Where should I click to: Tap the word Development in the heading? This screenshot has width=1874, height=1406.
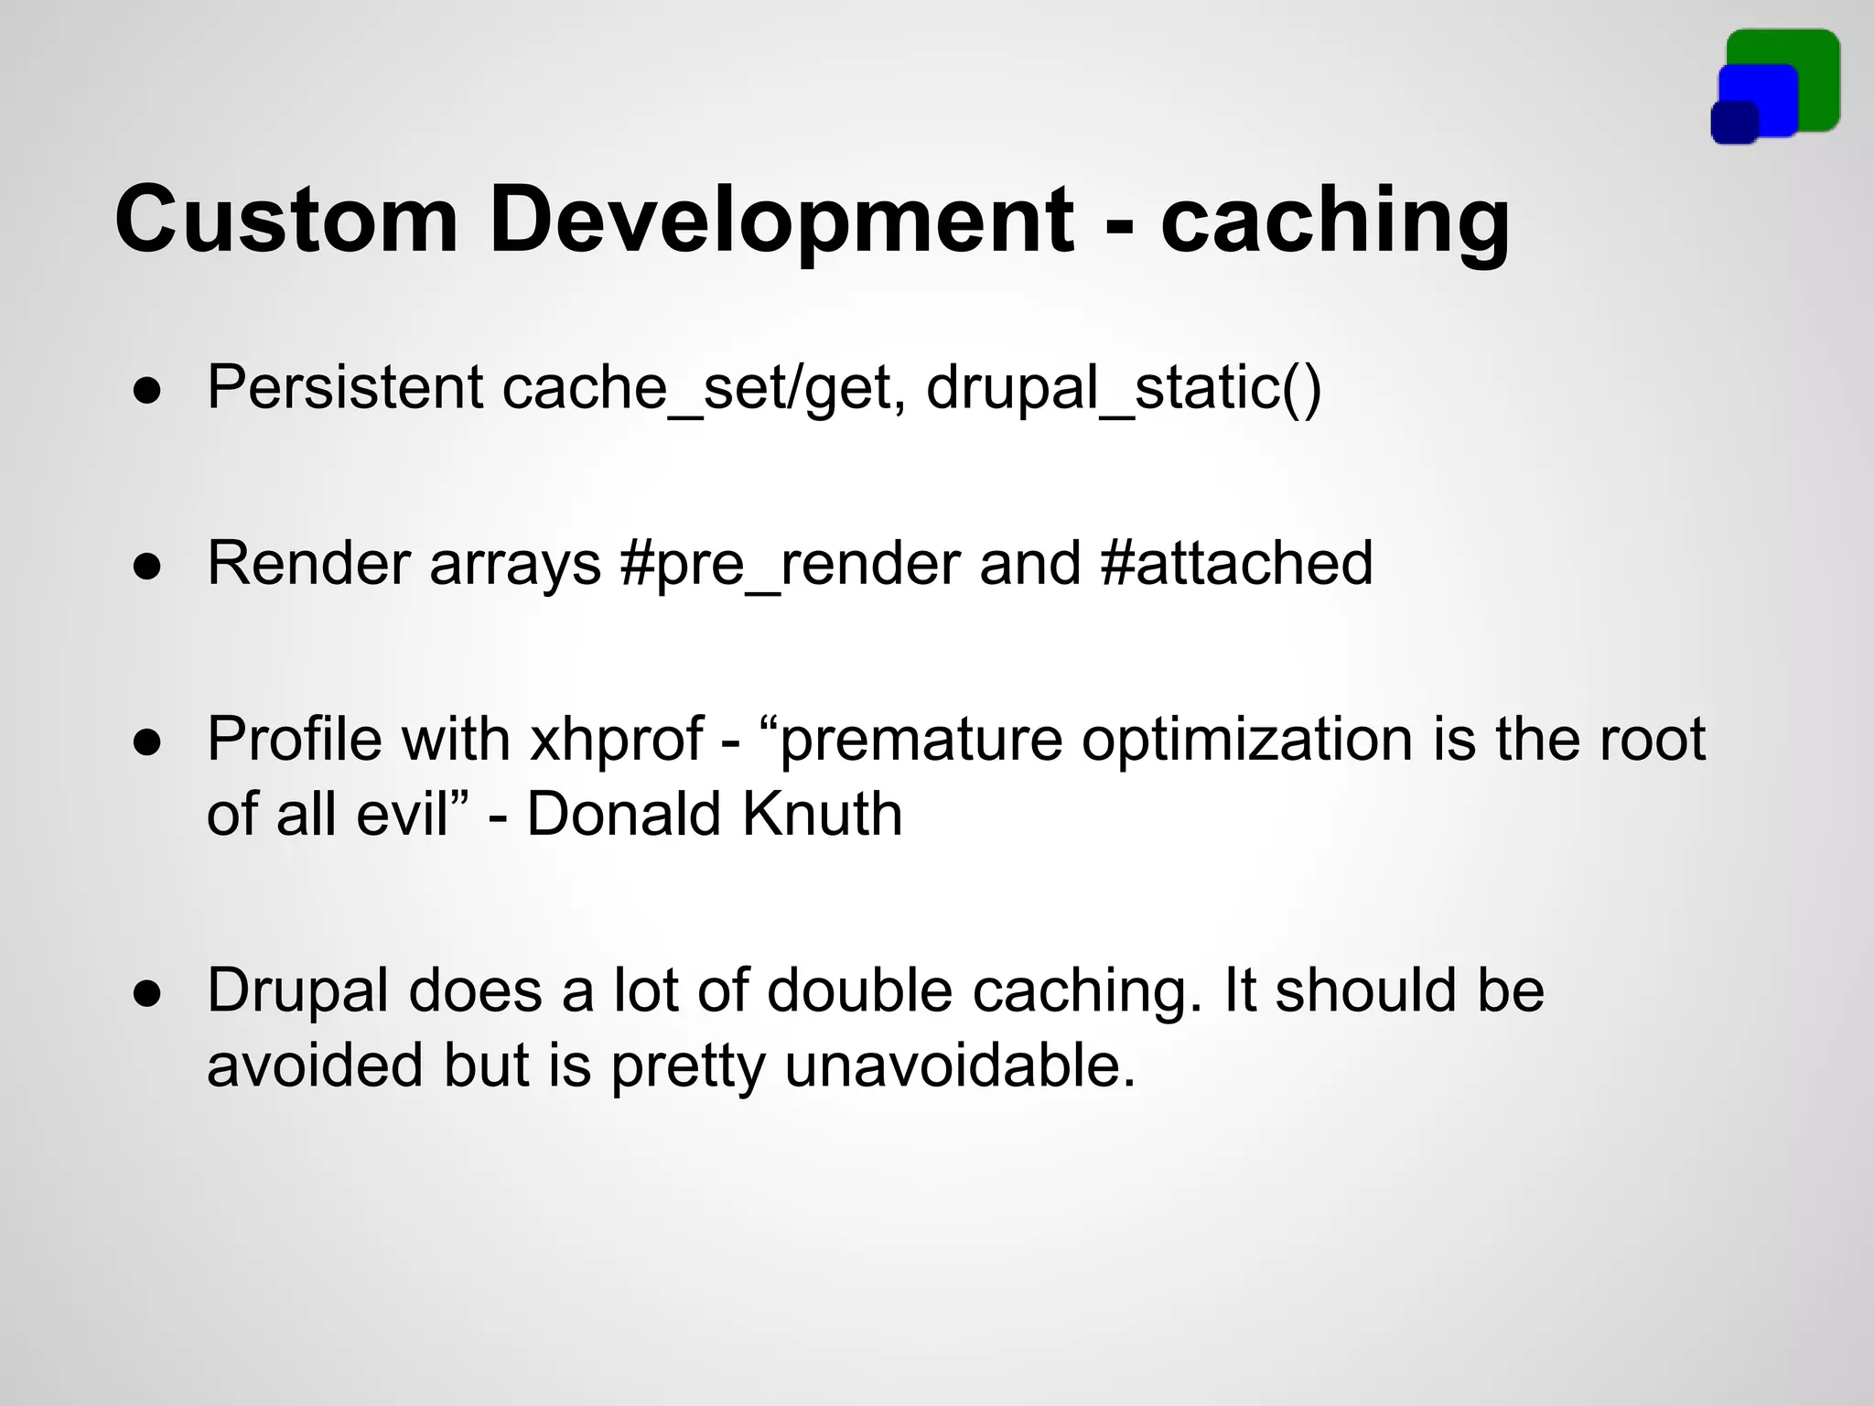pos(781,220)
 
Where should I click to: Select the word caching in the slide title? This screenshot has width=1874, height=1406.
pos(1335,220)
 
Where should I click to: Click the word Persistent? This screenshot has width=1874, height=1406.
pos(345,386)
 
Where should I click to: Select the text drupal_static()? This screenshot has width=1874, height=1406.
pos(1124,386)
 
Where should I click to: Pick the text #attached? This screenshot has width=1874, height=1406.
pos(1236,562)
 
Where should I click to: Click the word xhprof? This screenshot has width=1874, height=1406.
pos(617,738)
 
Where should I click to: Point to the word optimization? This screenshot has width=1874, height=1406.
pos(1247,738)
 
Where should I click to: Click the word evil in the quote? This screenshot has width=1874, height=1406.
pos(403,813)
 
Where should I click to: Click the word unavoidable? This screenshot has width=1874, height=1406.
pos(960,1065)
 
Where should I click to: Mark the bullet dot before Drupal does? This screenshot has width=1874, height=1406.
pos(147,994)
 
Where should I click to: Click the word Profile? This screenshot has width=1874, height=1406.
pos(295,738)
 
